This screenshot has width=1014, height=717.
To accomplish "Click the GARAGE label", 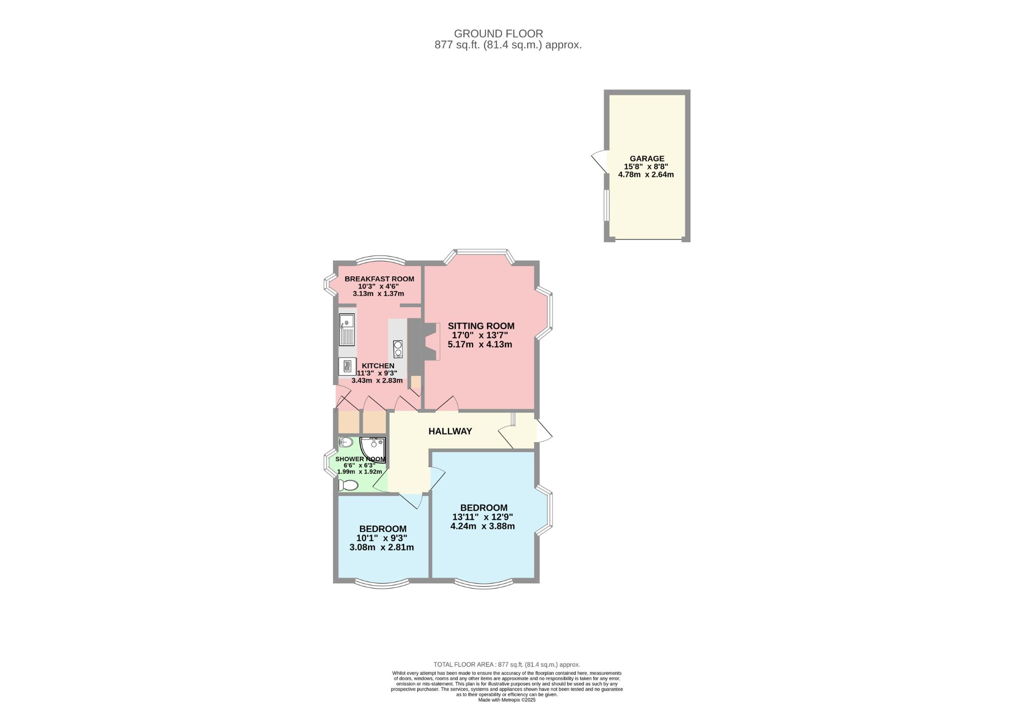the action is coord(647,159).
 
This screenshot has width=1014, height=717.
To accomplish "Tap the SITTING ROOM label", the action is coord(481,326).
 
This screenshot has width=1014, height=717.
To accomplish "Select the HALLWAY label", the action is coord(450,431).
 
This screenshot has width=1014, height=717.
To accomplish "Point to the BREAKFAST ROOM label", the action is coord(379,279).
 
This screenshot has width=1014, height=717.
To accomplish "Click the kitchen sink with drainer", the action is coord(347,330).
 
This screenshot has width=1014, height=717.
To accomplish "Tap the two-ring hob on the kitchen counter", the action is coord(398,349).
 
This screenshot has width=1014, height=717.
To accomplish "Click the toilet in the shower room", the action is coord(348,485).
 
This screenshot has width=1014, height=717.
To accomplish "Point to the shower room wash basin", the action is coord(346,443).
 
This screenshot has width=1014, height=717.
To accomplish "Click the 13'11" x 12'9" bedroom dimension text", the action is coord(483,517).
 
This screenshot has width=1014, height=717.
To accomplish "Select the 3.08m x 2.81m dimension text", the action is coord(382,547).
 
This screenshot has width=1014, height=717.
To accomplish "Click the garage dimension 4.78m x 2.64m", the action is coord(646,174).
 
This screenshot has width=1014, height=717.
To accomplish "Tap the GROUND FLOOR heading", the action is coord(498,33).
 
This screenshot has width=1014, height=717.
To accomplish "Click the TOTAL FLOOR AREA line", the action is coord(507,664).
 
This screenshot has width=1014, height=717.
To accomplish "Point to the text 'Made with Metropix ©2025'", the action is coord(507,700).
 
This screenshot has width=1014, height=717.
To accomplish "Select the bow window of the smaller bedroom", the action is coord(382,583).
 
